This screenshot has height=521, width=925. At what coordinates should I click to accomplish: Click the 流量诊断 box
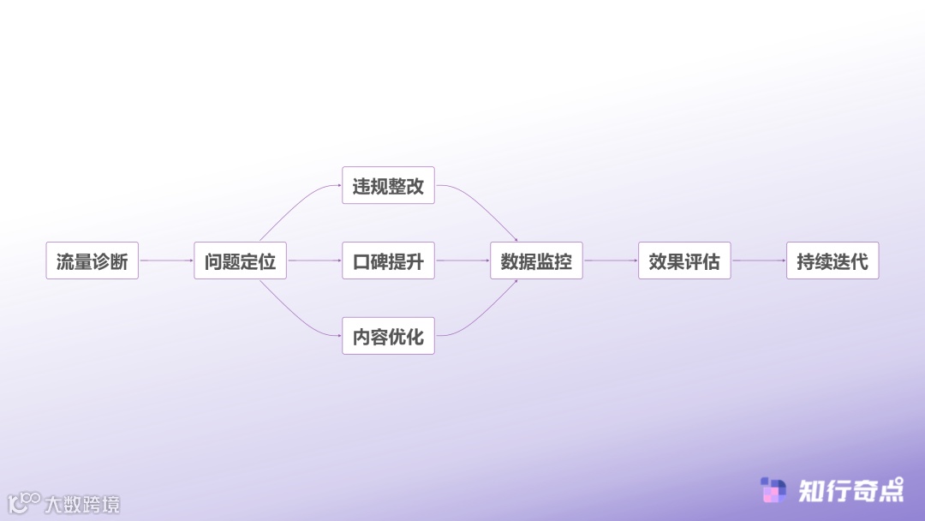click(92, 260)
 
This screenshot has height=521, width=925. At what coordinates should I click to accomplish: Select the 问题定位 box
click(240, 260)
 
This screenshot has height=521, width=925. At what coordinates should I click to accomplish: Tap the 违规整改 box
click(388, 185)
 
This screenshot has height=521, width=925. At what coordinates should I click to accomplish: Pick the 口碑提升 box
click(388, 260)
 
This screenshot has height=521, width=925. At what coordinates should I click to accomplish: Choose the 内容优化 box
click(388, 336)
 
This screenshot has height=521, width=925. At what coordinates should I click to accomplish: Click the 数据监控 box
click(536, 260)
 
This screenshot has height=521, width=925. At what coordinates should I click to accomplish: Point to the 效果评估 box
click(684, 260)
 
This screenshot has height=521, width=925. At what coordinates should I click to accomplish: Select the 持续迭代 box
click(832, 260)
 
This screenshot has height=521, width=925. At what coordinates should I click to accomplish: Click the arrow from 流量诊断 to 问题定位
click(166, 260)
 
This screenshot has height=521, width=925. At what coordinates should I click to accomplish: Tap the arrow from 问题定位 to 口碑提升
click(314, 260)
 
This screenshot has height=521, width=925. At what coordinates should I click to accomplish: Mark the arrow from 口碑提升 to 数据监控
click(462, 260)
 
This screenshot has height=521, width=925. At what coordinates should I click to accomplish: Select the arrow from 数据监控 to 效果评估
click(611, 260)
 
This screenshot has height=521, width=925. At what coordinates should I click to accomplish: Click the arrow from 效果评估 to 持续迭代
click(759, 260)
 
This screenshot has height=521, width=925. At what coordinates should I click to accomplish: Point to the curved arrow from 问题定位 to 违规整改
click(295, 202)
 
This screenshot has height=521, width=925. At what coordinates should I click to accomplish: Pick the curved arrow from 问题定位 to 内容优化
click(295, 319)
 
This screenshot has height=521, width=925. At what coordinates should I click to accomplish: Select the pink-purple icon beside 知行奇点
click(773, 490)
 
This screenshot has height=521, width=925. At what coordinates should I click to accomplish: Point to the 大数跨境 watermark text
click(82, 504)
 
